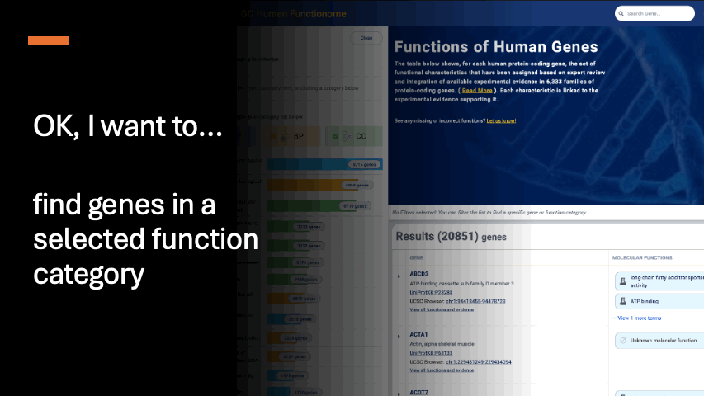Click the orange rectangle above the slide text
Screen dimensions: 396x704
(48, 40)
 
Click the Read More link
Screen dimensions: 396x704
(478, 90)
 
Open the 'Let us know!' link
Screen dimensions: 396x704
(501, 120)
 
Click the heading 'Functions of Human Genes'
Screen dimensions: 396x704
(496, 46)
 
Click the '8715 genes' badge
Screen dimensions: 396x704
(358, 164)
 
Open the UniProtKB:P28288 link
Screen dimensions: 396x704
(431, 292)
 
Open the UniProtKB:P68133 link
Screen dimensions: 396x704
(431, 353)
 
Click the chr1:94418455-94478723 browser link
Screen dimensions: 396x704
(466, 301)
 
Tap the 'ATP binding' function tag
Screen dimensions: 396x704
(644, 302)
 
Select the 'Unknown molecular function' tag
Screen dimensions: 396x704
(664, 340)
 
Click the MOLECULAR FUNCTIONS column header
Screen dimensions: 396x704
(648, 258)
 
